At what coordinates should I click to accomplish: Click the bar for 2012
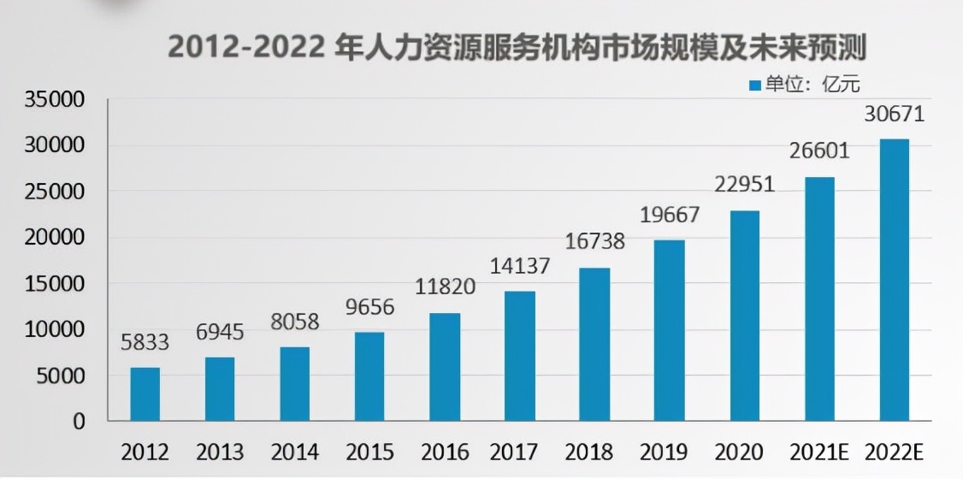[145, 394]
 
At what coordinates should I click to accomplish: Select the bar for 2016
[445, 367]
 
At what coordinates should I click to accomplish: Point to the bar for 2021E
[819, 299]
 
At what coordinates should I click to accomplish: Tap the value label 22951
[744, 185]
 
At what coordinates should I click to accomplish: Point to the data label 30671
[894, 115]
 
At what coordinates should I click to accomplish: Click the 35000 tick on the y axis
[54, 100]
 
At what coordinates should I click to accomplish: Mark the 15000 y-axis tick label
[54, 284]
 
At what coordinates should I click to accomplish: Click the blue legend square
[754, 85]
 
